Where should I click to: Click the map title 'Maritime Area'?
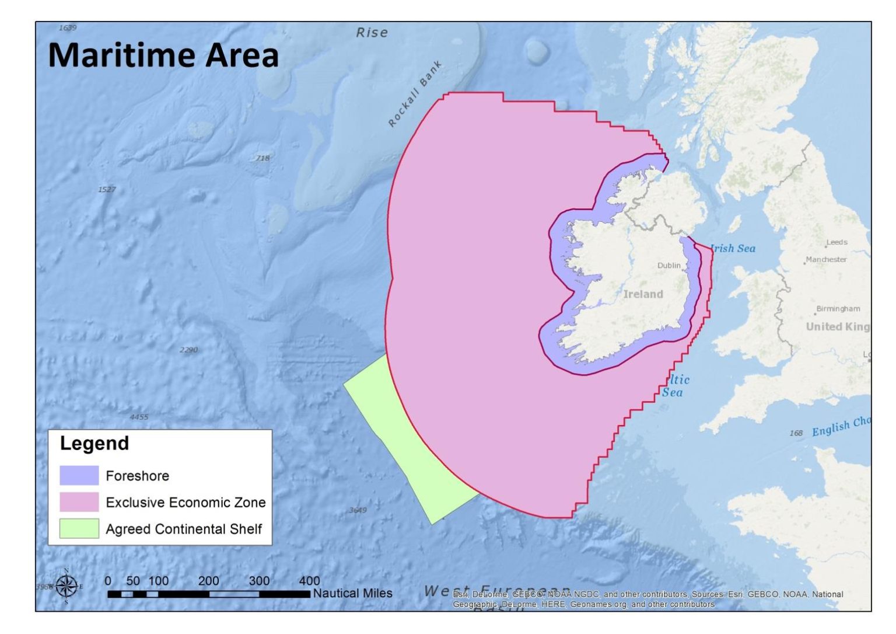click(163, 55)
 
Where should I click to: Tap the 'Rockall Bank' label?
click(415, 94)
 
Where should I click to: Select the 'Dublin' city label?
click(668, 266)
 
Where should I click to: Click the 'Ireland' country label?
click(643, 294)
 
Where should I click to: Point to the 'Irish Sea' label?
click(733, 249)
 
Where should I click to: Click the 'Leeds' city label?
click(836, 242)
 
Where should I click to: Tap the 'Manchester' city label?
click(826, 260)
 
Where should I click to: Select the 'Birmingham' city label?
click(838, 309)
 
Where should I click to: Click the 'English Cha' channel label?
click(841, 427)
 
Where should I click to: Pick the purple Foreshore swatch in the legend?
click(79, 476)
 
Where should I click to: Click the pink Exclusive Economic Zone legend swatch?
click(79, 502)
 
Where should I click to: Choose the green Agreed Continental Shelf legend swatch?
click(79, 529)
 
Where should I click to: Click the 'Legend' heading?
click(94, 444)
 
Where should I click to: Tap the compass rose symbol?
click(66, 586)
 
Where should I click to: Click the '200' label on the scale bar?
click(208, 581)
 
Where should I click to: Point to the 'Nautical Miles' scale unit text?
click(352, 593)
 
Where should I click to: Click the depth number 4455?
click(139, 417)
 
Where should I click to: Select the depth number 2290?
click(188, 350)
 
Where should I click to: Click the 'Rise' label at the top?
click(372, 33)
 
